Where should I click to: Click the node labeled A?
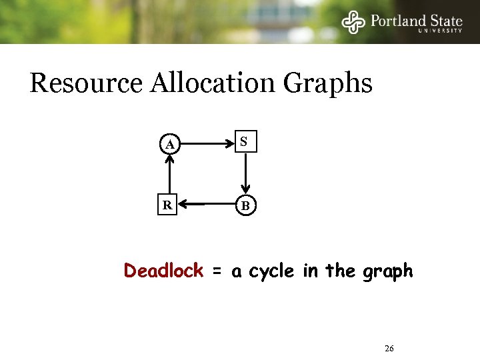coord(171,143)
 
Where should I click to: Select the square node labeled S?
coord(245,142)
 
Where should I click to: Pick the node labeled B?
coord(245,205)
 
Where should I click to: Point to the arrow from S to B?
coord(245,173)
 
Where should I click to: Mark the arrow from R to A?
coord(170,174)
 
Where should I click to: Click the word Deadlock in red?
coord(163,271)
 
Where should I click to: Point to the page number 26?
coord(390,349)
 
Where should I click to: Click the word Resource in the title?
coord(87,84)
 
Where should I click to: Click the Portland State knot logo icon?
coord(353,22)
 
